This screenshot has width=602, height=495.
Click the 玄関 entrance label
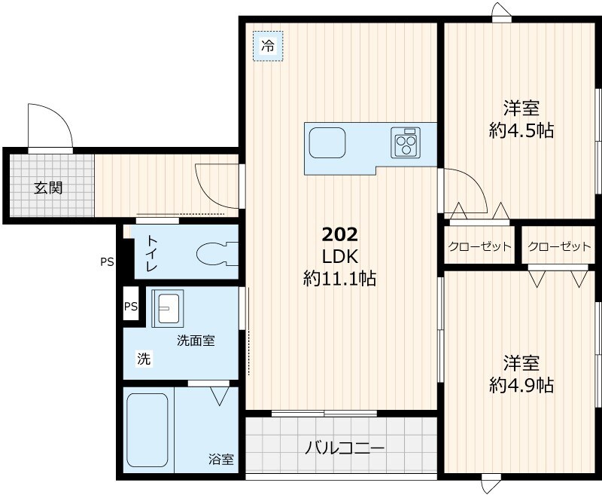coord(47,188)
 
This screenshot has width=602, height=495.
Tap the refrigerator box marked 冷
coord(268,46)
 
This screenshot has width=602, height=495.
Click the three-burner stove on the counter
coord(406,142)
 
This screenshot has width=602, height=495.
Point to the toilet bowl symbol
coord(214,254)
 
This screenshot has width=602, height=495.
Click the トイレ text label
coord(151,253)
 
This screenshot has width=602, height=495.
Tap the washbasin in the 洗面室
coord(167,307)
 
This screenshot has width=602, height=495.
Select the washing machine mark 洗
coord(143,359)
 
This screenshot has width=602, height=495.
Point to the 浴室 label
coord(221,458)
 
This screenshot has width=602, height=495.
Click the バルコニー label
coord(345,449)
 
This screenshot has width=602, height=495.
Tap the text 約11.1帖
coord(339,279)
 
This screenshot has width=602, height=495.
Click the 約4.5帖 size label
coord(521,130)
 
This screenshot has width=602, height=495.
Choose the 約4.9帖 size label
coord(521,385)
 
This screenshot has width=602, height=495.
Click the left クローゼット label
coord(479,246)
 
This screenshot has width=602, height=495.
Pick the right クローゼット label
coord(559,246)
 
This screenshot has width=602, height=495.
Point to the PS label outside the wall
coord(108,262)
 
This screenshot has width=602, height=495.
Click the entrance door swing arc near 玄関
coord(50,127)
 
